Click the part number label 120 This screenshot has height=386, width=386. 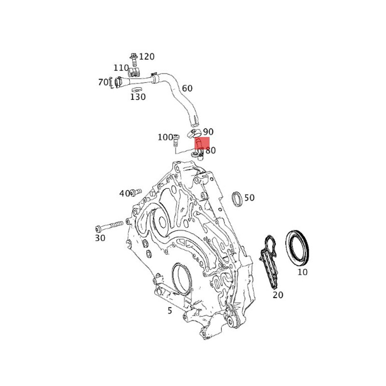147,56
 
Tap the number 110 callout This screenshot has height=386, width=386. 121,68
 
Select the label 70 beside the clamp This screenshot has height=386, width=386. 103,83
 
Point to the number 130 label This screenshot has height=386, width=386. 138,97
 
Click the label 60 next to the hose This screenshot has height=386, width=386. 187,88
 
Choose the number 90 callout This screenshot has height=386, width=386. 208,132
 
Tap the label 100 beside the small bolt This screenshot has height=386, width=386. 165,138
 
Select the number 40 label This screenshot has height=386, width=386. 124,193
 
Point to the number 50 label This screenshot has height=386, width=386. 249,198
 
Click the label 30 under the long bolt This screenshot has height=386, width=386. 99,238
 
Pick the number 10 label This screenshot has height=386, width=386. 302,272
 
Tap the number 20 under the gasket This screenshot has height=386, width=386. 277,295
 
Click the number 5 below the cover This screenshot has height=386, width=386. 170,311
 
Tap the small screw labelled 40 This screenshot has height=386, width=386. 135,193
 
